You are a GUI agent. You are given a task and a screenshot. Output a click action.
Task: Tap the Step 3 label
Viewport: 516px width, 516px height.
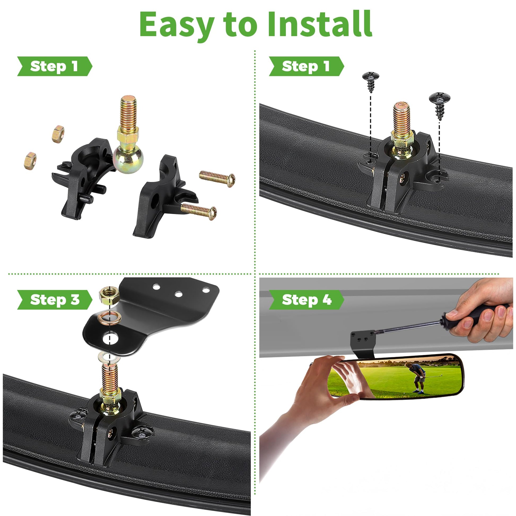click(54, 300)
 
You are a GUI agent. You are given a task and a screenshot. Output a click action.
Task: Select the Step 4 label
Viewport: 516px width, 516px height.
click(306, 300)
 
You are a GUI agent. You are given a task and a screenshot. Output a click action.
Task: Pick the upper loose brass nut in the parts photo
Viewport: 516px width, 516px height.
click(58, 134)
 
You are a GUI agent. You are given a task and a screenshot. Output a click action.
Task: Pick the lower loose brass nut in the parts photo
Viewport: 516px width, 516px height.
click(30, 161)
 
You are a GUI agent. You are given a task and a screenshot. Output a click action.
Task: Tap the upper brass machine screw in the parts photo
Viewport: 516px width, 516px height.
click(217, 178)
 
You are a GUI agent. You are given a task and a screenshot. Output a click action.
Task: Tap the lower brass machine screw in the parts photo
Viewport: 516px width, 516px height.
click(198, 211)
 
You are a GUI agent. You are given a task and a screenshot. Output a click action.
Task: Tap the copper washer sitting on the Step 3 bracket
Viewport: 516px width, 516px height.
click(110, 318)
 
